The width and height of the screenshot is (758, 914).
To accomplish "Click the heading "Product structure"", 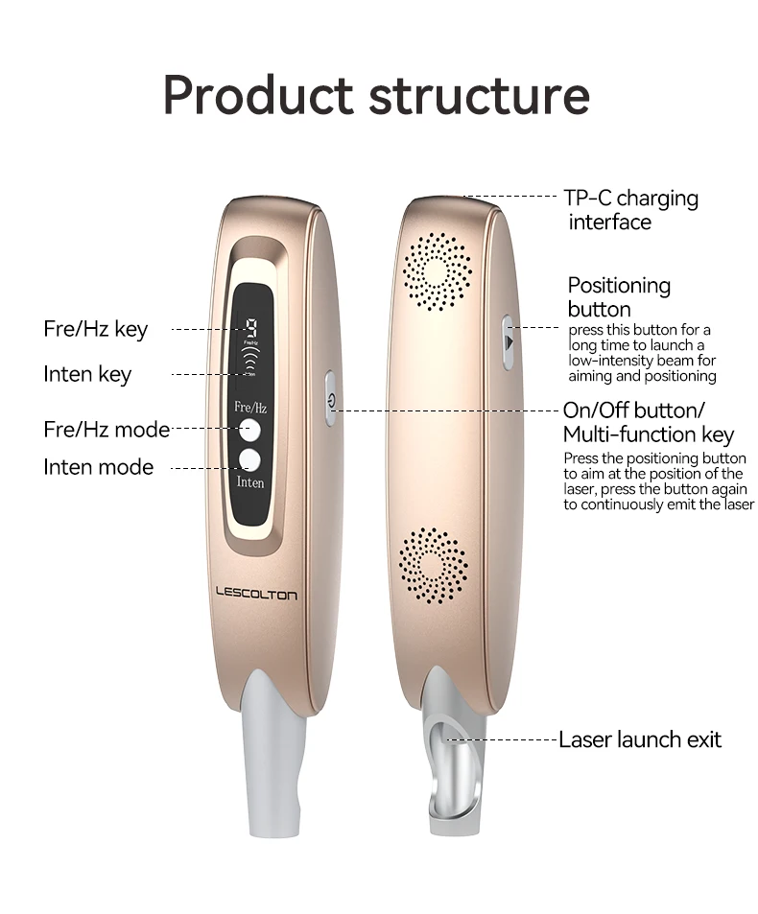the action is (376, 95).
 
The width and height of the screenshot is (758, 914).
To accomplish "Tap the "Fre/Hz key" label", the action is (96, 329).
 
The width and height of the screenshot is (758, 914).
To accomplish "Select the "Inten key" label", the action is (87, 374).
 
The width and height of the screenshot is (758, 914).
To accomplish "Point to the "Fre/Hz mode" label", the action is (107, 429).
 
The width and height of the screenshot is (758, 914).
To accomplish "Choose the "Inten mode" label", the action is (98, 467).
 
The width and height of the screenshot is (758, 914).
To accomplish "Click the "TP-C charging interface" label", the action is (630, 210).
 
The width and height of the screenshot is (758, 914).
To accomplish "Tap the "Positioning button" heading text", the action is (618, 296).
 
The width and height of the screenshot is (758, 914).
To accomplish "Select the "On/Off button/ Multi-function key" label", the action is (648, 422).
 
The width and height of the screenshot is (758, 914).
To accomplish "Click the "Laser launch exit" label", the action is (640, 739).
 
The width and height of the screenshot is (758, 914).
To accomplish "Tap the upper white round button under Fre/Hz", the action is (249, 430).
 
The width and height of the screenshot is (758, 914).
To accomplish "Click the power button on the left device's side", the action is (330, 398).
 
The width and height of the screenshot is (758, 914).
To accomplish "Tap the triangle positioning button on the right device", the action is (509, 340).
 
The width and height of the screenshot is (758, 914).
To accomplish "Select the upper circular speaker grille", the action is (437, 271).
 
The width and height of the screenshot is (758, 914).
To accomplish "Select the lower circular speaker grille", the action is (433, 565).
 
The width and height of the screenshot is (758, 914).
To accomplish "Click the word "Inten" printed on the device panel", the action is (250, 481).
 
